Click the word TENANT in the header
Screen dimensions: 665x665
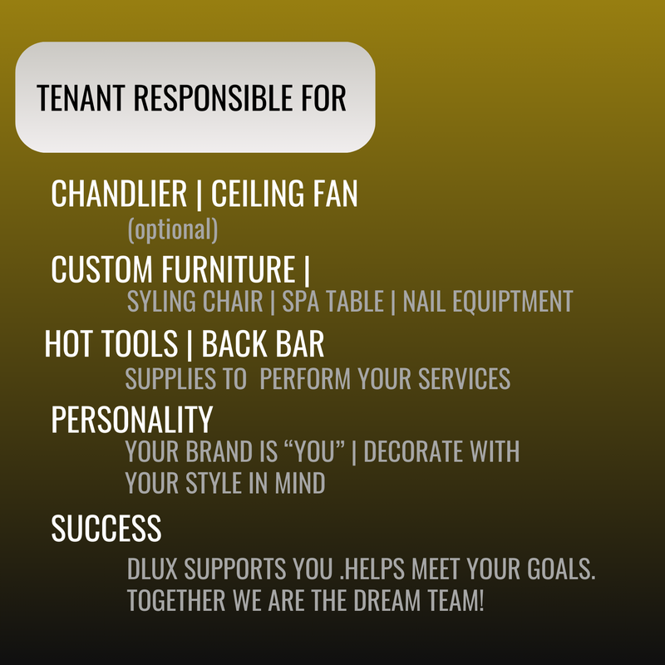click(81, 97)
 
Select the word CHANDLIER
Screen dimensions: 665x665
click(119, 194)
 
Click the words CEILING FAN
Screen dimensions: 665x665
click(284, 194)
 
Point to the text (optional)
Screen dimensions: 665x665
click(173, 230)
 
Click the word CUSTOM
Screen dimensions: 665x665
click(101, 268)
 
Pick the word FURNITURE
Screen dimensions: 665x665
click(228, 268)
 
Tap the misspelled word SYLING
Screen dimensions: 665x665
click(161, 301)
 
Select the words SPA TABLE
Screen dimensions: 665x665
click(333, 301)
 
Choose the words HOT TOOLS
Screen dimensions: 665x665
click(111, 343)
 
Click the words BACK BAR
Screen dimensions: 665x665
click(263, 343)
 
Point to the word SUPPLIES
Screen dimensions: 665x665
click(170, 378)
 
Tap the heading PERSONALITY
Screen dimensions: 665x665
click(132, 420)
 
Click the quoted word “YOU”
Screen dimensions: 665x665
click(315, 451)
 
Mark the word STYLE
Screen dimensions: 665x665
click(214, 483)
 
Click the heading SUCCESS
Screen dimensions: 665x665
click(106, 528)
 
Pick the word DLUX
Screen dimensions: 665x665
click(152, 569)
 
